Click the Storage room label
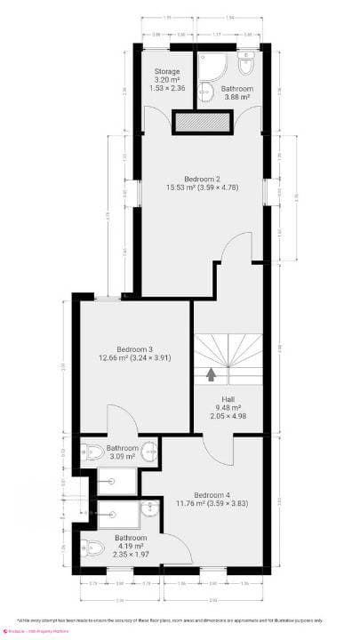[x=167, y=71]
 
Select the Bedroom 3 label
[x=133, y=349]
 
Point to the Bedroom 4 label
[x=215, y=494]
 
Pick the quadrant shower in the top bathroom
[x=212, y=60]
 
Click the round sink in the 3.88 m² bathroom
[x=204, y=87]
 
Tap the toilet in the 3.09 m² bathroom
[x=89, y=451]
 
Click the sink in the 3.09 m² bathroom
[x=148, y=451]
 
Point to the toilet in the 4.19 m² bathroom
[x=89, y=547]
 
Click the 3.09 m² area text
[x=121, y=457]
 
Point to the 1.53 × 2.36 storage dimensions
[x=167, y=89]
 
